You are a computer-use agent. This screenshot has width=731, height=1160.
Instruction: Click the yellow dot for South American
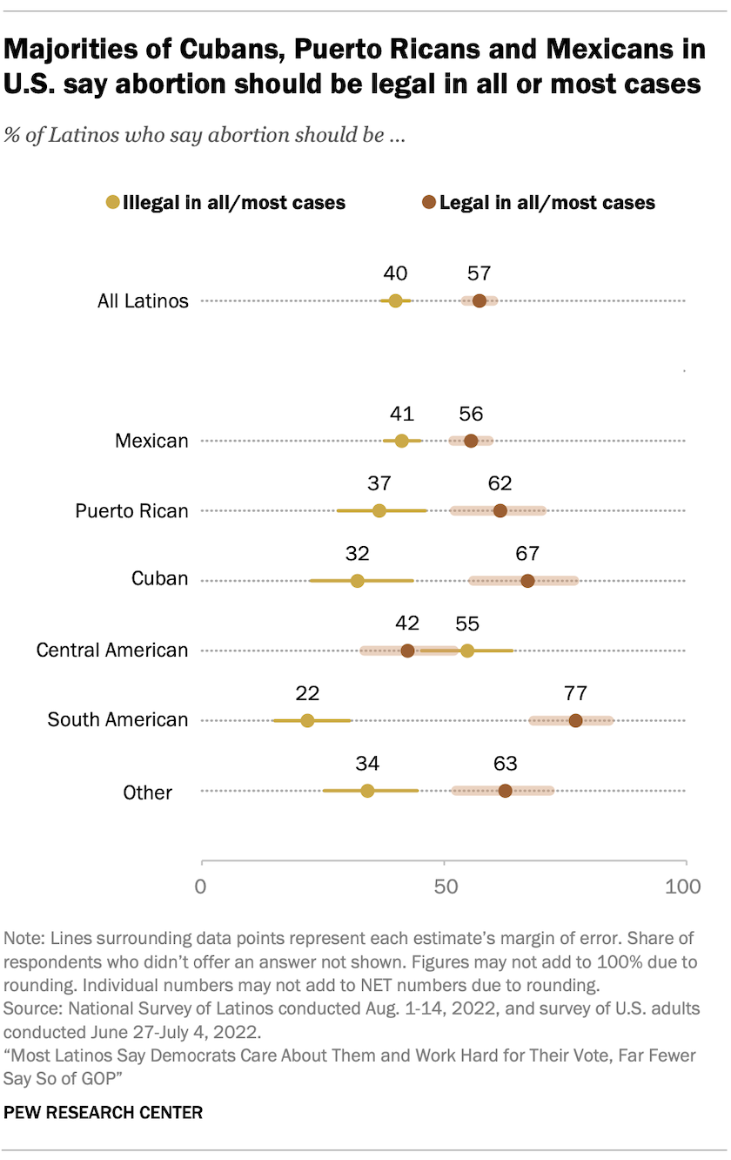pos(307,720)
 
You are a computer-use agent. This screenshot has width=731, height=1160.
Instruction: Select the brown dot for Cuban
pos(527,581)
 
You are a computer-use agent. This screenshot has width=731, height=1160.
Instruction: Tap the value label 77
pos(575,694)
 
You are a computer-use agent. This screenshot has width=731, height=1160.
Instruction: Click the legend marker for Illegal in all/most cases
pos(112,203)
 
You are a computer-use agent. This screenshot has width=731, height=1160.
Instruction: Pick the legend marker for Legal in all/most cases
pos(429,203)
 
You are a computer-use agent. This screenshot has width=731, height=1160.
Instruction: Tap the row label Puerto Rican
pos(131,511)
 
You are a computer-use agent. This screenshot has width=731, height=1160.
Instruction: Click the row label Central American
pos(112,651)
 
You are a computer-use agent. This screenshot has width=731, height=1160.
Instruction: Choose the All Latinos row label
pos(143,301)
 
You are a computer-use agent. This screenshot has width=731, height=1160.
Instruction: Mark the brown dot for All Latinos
pos(480,300)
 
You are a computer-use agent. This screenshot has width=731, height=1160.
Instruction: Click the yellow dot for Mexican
pos(401,441)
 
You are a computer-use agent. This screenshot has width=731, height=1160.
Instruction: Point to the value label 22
pos(307,694)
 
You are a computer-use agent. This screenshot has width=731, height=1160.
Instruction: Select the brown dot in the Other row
pos(506,791)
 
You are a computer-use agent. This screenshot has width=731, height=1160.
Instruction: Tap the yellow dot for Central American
pos(467,651)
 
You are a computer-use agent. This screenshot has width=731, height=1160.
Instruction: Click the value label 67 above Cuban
pos(527,554)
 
